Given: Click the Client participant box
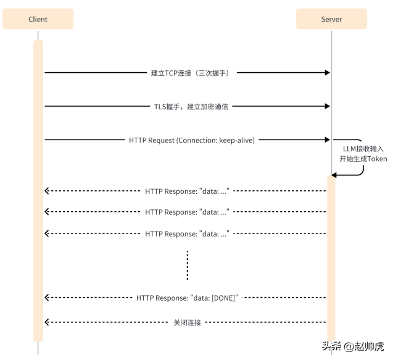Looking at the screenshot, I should click(38, 19).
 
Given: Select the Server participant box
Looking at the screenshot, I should click(331, 19).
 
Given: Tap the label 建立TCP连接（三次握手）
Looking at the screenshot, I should click(190, 73).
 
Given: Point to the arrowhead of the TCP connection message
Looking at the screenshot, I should click(328, 73).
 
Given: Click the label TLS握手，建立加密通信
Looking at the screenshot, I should click(191, 106).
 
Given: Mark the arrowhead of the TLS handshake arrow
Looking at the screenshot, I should click(328, 106).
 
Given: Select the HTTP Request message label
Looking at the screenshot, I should click(191, 140).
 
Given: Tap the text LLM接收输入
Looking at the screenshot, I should click(363, 149).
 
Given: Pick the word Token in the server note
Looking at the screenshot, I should click(377, 159).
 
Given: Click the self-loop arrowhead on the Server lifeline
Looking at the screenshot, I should click(334, 175).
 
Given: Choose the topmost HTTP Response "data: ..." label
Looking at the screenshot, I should click(187, 191).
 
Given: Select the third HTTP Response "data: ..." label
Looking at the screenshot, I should click(187, 234).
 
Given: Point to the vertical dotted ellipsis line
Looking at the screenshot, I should click(187, 266).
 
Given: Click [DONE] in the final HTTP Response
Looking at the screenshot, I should click(223, 298).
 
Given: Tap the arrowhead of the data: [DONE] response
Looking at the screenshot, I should click(47, 298).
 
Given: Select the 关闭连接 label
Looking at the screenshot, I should click(187, 322).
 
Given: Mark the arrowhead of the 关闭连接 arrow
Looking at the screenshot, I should click(47, 322).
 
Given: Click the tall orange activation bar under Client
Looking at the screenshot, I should click(38, 185).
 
